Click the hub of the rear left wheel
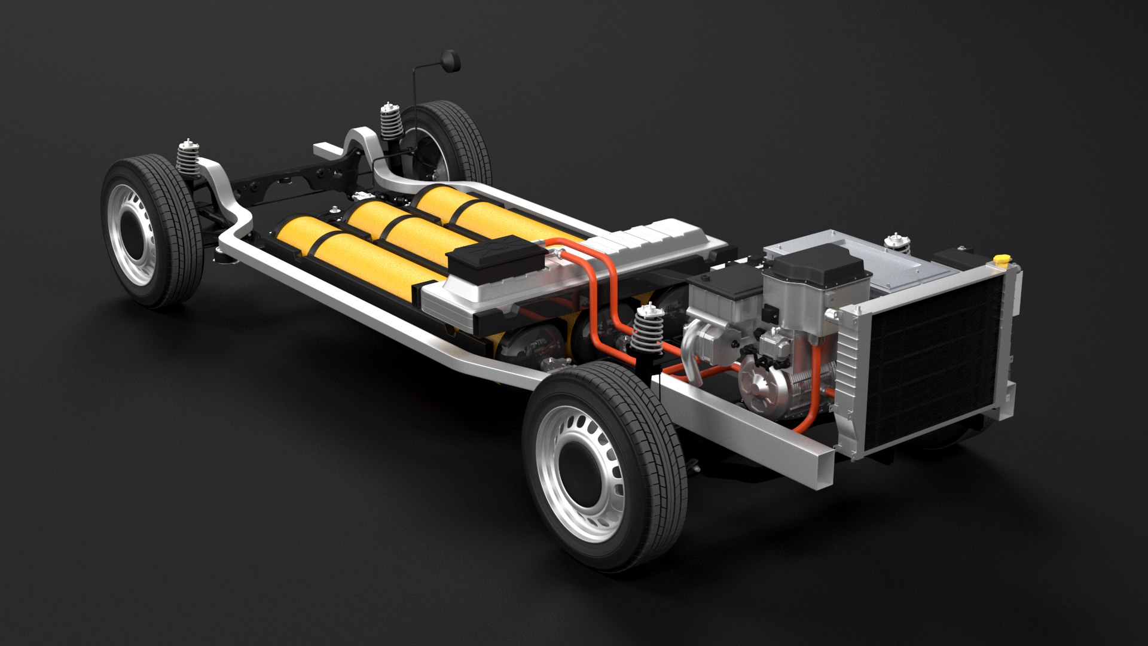pyautogui.click(x=135, y=233)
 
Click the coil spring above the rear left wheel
pyautogui.click(x=189, y=160)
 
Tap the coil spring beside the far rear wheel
pyautogui.click(x=392, y=123)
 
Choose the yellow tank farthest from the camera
pyautogui.click(x=478, y=209)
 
